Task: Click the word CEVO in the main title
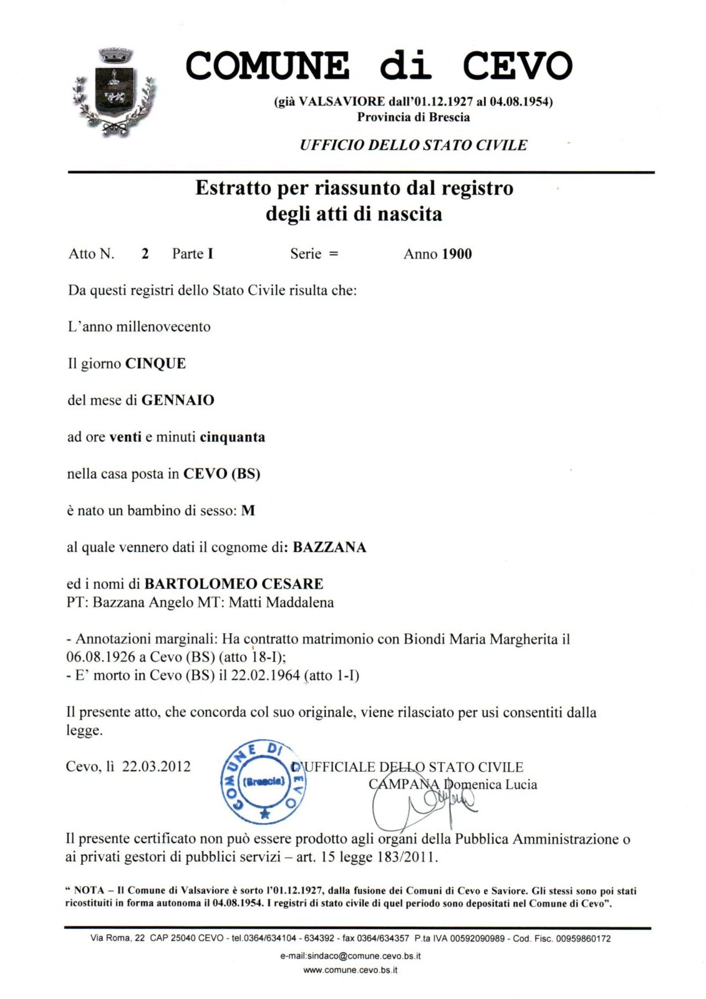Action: coord(516,66)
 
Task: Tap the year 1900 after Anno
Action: coord(456,254)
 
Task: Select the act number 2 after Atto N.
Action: coord(145,253)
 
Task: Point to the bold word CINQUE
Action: coord(155,363)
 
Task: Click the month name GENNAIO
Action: coord(178,400)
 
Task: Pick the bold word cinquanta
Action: coord(232,437)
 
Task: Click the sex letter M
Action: coord(248,511)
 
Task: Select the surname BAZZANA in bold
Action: coord(329,548)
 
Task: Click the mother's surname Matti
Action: coord(246,603)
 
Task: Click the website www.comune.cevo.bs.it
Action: coord(350,970)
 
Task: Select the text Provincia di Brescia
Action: coord(413,117)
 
